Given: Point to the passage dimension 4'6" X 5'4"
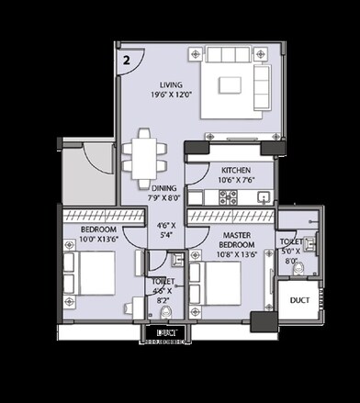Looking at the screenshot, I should tap(166, 229).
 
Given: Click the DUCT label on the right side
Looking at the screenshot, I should tap(298, 300).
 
